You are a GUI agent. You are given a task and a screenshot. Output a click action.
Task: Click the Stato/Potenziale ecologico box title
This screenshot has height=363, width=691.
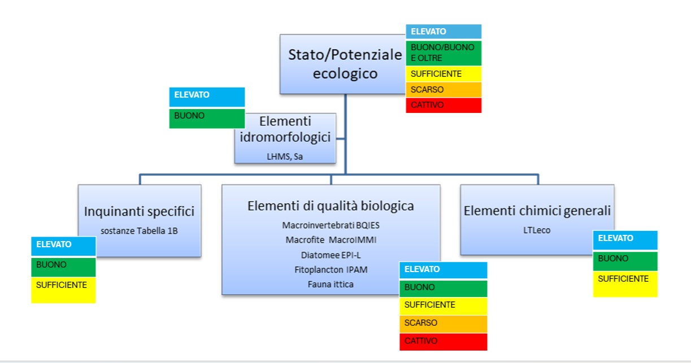coord(345,64)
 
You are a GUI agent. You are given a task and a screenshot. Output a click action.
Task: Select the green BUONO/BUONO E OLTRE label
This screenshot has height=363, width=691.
coord(444,53)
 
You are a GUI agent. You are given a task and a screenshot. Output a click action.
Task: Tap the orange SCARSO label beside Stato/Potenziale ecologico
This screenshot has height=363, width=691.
coord(444,90)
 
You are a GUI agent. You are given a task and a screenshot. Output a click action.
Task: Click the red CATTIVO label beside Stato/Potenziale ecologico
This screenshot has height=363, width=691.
coord(444,106)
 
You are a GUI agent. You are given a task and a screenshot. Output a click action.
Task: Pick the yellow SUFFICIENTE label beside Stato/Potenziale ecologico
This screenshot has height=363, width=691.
coord(444,74)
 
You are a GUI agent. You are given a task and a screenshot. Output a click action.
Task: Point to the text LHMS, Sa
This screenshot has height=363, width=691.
coord(285,156)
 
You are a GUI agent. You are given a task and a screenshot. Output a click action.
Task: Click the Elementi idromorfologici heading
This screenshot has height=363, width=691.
coord(285,129)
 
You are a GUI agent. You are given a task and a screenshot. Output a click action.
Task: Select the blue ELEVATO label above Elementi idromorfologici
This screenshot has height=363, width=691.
coord(207,97)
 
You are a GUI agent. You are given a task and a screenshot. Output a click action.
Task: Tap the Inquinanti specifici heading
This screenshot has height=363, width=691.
coord(139,211)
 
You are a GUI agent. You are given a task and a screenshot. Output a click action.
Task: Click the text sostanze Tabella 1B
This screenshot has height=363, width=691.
coord(139,231)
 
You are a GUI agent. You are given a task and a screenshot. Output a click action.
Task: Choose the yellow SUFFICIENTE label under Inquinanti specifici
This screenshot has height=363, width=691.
coord(63,290)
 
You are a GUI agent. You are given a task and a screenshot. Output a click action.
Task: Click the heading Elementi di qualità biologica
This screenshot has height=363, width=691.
coord(331,206)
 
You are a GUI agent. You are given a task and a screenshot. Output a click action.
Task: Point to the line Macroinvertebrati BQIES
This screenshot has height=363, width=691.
coord(331,225)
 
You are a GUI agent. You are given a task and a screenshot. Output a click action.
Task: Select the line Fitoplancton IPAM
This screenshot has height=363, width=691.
coord(331,270)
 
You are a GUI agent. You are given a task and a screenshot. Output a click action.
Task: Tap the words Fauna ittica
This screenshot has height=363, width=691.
coord(331,284)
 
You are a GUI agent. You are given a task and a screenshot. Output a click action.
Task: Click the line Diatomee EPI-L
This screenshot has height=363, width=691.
coord(331,255)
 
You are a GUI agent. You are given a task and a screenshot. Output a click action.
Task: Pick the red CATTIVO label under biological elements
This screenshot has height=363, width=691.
coord(444,342)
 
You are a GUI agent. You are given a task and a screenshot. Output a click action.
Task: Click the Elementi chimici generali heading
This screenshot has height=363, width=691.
coord(537,211)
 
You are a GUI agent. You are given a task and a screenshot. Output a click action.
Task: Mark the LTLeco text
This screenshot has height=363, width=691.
coord(537,230)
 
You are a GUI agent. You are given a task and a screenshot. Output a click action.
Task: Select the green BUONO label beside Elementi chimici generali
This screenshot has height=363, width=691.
coord(625,261)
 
